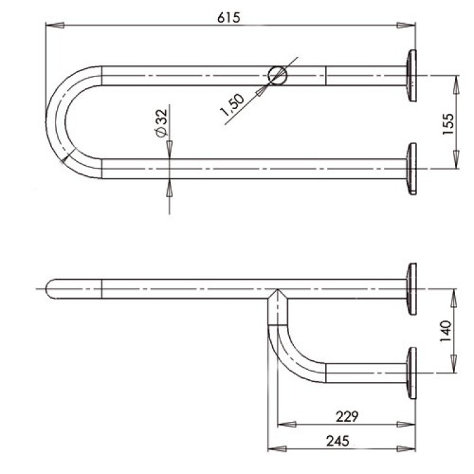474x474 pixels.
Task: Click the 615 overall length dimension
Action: (229, 18)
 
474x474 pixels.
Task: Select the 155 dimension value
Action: (448, 124)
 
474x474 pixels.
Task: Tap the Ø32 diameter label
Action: (161, 123)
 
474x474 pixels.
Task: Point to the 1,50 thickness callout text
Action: (232, 105)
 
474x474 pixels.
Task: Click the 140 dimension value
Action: (446, 331)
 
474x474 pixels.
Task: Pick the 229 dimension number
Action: (347, 416)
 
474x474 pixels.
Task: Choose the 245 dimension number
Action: (338, 441)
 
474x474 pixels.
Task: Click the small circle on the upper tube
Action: (278, 75)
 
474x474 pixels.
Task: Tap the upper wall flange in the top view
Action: (412, 76)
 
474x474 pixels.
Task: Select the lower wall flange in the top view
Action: (412, 169)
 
